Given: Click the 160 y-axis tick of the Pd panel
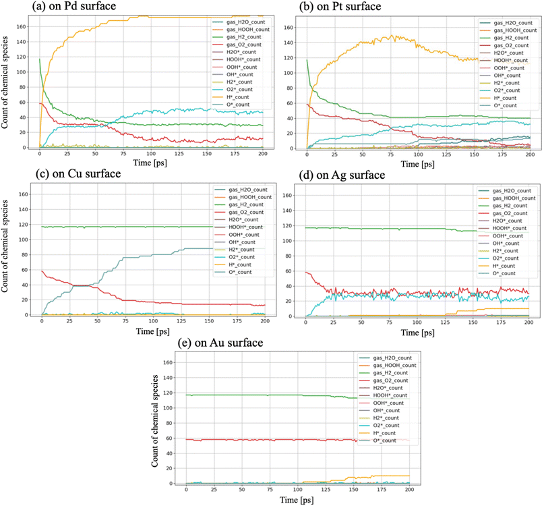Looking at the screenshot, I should (x=31, y=28).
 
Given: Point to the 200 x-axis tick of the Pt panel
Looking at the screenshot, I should (x=530, y=154).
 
